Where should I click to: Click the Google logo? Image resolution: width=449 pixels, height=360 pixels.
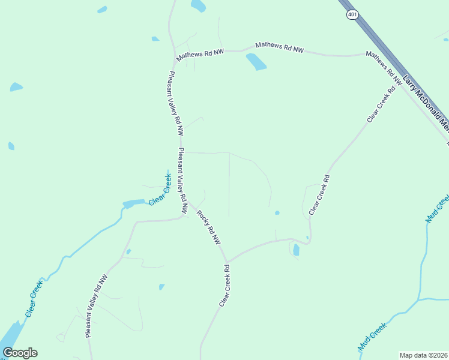coord(20,353)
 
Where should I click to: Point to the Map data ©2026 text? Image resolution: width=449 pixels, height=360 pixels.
coord(423,355)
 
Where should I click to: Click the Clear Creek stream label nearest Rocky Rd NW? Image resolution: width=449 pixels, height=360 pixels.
coord(160,189)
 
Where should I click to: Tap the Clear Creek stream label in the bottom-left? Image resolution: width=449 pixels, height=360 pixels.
coord(34,298)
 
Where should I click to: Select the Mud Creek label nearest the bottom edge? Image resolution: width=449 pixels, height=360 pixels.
coord(372,336)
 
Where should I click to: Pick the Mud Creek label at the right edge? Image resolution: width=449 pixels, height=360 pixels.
coord(437,209)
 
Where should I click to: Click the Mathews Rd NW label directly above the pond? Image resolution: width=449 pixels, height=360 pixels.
coord(279,48)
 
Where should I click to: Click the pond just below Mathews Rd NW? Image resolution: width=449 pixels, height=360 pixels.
coord(256,61)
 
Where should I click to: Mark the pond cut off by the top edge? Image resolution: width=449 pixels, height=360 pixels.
coord(198,5)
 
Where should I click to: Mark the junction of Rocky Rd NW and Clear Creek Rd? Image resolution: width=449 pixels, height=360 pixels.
coord(226,262)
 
